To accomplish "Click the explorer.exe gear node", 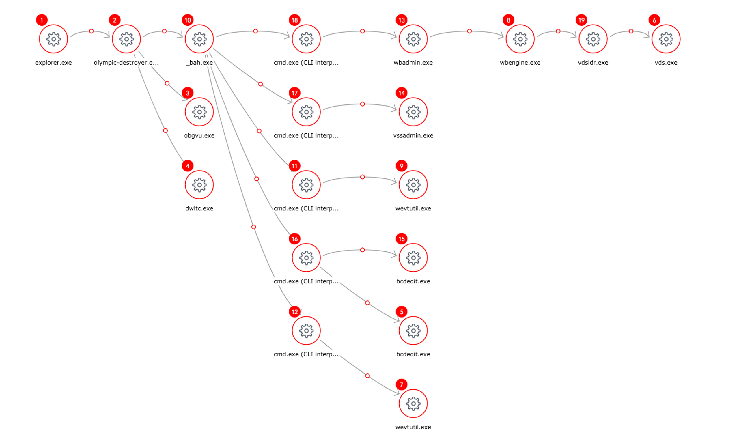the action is tap(53, 39).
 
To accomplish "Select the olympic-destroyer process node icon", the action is tap(126, 39).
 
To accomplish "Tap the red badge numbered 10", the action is tap(188, 20).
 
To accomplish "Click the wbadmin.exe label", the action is tap(413, 62).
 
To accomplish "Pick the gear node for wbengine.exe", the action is tap(520, 39).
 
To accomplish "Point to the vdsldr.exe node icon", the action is tap(593, 39).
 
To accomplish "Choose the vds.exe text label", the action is tap(666, 62).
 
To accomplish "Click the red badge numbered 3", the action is tap(188, 93).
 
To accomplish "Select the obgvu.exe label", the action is tap(199, 135).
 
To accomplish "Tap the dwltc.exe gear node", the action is tap(199, 185).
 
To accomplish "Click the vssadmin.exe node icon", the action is tap(413, 112).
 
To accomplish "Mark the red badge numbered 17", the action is tap(294, 93).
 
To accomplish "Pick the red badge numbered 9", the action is tap(401, 166).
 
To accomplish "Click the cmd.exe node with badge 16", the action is tap(306, 258).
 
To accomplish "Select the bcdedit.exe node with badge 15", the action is tap(413, 258).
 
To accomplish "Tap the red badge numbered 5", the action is tap(401, 311).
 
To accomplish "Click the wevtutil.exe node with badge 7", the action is tap(413, 404).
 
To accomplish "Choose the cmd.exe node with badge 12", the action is tap(306, 330).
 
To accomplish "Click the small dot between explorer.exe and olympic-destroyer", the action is tap(91, 31).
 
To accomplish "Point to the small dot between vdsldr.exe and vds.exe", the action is tap(631, 31).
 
